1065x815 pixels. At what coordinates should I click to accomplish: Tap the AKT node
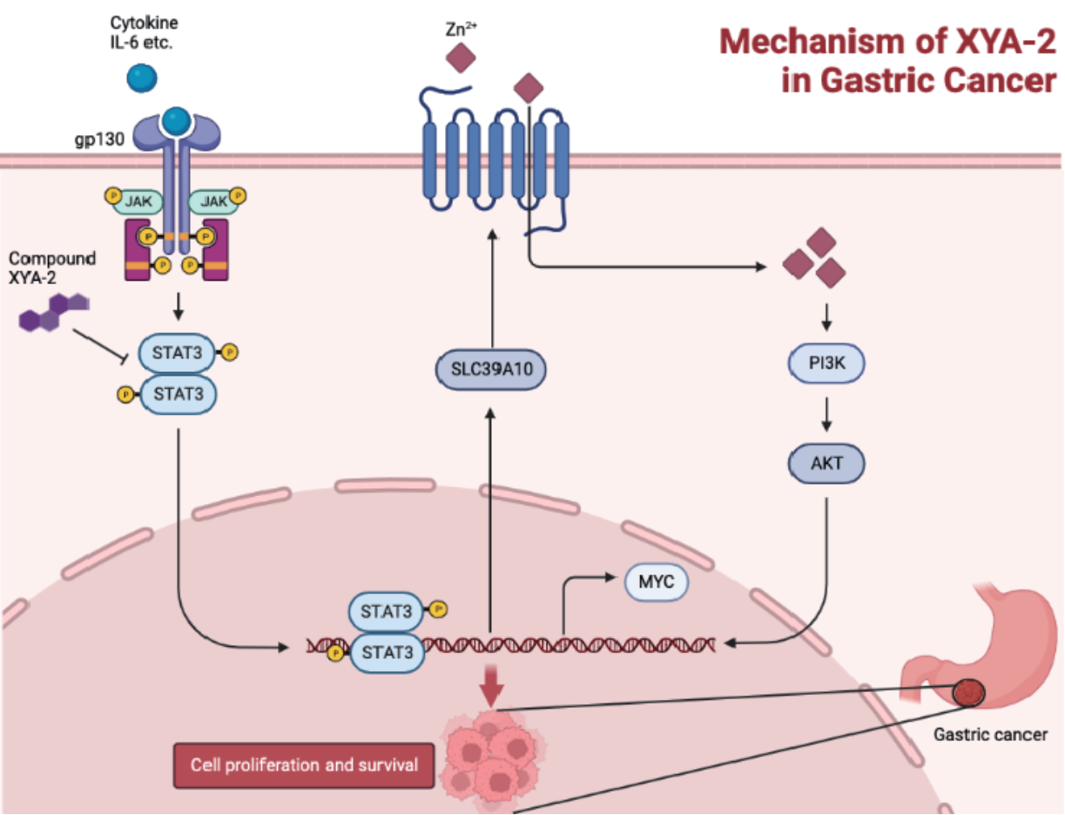(x=826, y=463)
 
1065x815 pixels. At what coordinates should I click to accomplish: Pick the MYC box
(x=657, y=581)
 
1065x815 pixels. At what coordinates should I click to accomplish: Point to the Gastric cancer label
(x=990, y=734)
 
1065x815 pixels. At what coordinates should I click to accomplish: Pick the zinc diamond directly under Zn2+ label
(x=460, y=59)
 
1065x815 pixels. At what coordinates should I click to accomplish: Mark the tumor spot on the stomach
(x=967, y=693)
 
